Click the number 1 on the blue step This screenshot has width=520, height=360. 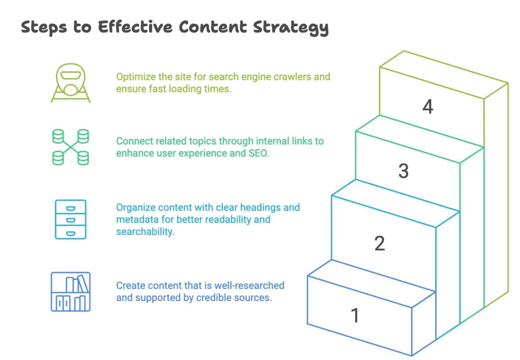click(355, 315)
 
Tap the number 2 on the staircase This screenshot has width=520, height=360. click(379, 244)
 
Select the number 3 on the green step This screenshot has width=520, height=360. click(403, 171)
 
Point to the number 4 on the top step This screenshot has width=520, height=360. click(428, 107)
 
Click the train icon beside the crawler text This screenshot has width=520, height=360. click(71, 83)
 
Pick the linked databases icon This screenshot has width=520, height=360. click(71, 147)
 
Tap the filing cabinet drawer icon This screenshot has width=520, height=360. click(70, 219)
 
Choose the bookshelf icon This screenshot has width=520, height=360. click(71, 291)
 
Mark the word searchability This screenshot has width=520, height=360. click(145, 232)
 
